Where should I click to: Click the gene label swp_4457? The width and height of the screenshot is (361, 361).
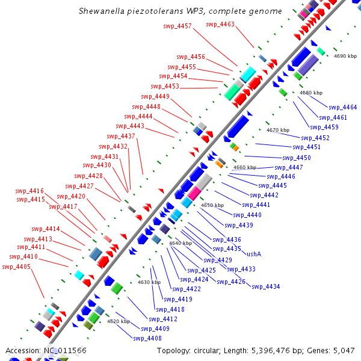[x=177, y=26]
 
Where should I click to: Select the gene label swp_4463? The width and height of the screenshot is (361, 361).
[x=220, y=24]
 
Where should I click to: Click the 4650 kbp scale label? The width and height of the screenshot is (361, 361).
[x=212, y=205]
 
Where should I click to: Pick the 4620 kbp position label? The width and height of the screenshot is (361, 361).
[x=119, y=321]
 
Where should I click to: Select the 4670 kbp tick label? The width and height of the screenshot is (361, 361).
[x=278, y=130]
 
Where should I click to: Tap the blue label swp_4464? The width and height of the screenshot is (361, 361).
[x=342, y=107]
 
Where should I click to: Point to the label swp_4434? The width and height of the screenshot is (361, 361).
[x=266, y=286]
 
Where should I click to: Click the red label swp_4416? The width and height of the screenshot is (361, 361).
[x=29, y=191]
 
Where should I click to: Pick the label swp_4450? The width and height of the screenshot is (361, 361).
[x=297, y=158]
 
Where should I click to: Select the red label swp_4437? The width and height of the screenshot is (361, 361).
[x=121, y=136]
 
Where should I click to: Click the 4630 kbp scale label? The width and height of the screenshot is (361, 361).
[x=149, y=282]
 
